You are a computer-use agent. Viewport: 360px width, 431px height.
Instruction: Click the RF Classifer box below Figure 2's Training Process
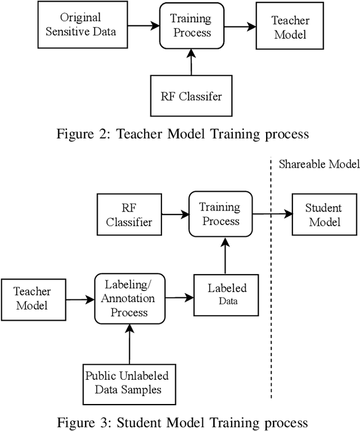192,96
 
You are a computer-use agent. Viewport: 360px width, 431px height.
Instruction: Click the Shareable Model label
318,164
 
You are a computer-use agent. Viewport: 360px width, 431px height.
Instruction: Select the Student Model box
324,214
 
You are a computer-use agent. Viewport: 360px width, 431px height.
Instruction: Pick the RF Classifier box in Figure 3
129,214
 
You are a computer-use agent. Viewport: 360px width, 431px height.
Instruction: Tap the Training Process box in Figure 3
220,214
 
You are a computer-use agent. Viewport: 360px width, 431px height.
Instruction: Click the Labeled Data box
227,294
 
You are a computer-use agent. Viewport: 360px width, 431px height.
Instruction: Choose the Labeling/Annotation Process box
129,298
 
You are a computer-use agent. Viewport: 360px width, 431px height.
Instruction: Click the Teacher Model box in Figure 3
32,298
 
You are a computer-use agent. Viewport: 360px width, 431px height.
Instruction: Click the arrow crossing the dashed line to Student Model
272,214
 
